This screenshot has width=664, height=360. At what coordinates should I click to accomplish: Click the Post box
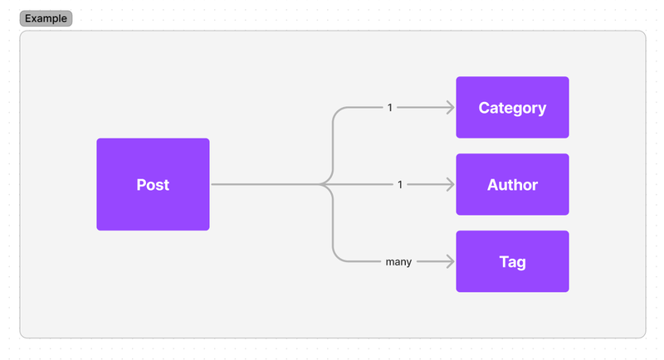(153, 184)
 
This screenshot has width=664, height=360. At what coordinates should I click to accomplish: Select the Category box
(512, 108)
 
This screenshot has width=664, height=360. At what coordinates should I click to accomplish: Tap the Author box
(512, 184)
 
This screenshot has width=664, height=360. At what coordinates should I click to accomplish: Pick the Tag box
(512, 261)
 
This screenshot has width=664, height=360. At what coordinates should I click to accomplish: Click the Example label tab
(46, 18)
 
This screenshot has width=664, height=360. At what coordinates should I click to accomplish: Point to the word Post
(153, 185)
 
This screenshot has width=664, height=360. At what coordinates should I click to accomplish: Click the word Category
(512, 109)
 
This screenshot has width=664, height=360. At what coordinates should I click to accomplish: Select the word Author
(512, 185)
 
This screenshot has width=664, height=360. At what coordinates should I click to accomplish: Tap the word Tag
(512, 262)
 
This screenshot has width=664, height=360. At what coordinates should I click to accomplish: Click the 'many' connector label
(398, 262)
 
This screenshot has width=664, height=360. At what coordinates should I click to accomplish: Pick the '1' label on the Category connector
(390, 108)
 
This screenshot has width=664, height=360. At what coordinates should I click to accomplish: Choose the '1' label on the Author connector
(400, 184)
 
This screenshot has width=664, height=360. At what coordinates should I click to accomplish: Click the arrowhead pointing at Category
(450, 108)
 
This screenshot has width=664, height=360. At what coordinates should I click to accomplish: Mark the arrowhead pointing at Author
(450, 184)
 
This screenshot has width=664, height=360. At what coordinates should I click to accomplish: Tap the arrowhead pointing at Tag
(450, 261)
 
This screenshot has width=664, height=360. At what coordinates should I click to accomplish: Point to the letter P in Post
(141, 185)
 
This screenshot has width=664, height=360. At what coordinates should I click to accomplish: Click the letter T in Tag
(504, 261)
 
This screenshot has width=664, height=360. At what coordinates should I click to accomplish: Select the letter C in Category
(484, 108)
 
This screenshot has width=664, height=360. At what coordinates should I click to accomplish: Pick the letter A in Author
(493, 185)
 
